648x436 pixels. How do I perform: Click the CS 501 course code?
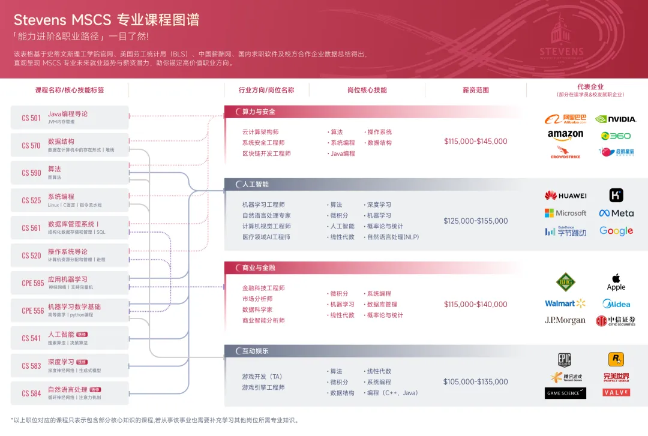[31, 118]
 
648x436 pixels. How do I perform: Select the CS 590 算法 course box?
[70, 173]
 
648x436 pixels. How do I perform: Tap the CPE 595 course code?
[32, 283]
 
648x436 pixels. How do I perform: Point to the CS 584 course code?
[31, 393]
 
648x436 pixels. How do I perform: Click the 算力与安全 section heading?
[259, 112]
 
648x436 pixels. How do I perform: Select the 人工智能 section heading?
[255, 184]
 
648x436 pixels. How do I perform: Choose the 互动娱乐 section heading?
[255, 351]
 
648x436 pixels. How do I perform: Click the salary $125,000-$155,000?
[475, 221]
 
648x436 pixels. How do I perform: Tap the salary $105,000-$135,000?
[475, 381]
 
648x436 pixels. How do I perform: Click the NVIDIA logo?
[616, 119]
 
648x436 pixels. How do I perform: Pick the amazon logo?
[565, 135]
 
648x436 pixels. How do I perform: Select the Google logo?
[616, 231]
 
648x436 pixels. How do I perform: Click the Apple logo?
[616, 281]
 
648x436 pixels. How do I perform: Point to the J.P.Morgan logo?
[565, 320]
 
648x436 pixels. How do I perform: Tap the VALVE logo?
[616, 392]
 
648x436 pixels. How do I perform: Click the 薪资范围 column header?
[475, 90]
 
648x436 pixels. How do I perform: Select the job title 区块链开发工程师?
[266, 154]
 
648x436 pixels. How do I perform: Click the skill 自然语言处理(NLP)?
[393, 237]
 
